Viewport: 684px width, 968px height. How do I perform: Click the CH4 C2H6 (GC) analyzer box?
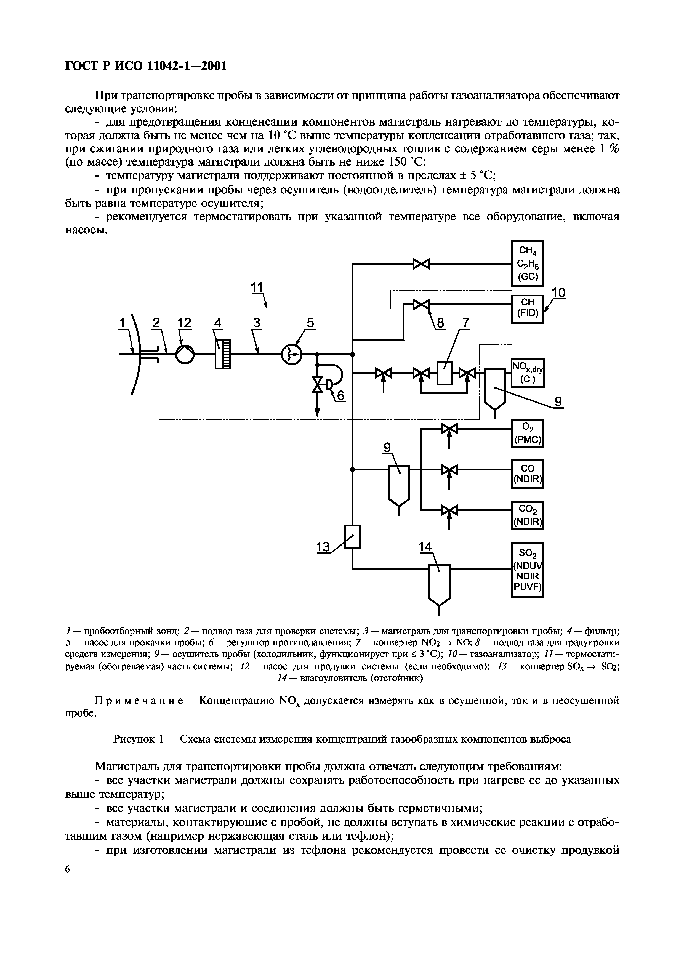(528, 264)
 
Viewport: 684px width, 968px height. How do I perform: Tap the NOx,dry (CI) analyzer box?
(528, 373)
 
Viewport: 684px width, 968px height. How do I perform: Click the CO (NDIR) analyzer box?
(528, 474)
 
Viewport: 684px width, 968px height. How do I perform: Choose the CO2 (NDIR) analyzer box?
(528, 515)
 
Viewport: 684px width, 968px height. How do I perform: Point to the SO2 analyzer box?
(528, 570)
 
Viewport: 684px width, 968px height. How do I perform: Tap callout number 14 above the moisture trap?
(425, 547)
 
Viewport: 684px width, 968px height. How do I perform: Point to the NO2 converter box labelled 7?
(444, 373)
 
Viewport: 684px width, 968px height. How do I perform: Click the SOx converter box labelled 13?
(352, 536)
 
